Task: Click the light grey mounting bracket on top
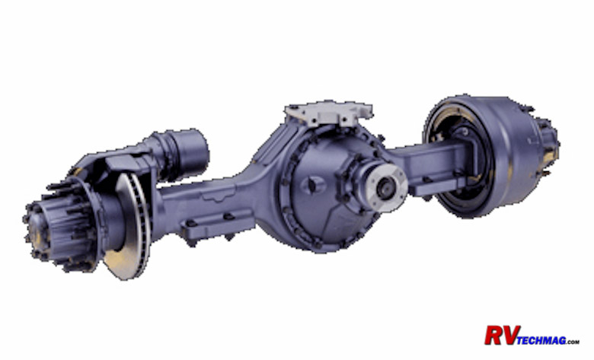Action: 328,113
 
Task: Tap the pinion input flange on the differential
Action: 387,186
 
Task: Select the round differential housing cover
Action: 326,190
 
